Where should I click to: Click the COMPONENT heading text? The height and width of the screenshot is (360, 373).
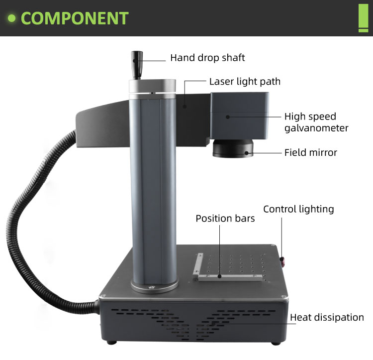75,18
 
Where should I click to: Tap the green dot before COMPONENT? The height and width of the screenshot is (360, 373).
11,18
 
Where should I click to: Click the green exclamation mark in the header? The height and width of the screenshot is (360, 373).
363,18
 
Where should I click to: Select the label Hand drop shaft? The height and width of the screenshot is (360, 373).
207,58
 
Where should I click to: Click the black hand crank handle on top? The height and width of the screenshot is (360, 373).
137,65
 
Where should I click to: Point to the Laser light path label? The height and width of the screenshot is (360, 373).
245,82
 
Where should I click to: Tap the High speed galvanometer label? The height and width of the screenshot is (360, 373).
316,122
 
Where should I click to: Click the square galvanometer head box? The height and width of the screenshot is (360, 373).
239,116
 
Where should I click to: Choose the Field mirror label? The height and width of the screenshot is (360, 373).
311,152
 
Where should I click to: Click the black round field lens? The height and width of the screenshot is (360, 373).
233,148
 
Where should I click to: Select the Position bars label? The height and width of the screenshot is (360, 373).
225,218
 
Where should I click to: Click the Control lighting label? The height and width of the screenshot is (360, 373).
298,209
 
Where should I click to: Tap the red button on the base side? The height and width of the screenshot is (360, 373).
282,262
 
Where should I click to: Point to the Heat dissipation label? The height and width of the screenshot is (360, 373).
327,317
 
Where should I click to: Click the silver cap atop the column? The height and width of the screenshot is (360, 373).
153,86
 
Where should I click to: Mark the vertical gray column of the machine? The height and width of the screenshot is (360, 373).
153,188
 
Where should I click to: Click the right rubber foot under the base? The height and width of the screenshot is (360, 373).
276,344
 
